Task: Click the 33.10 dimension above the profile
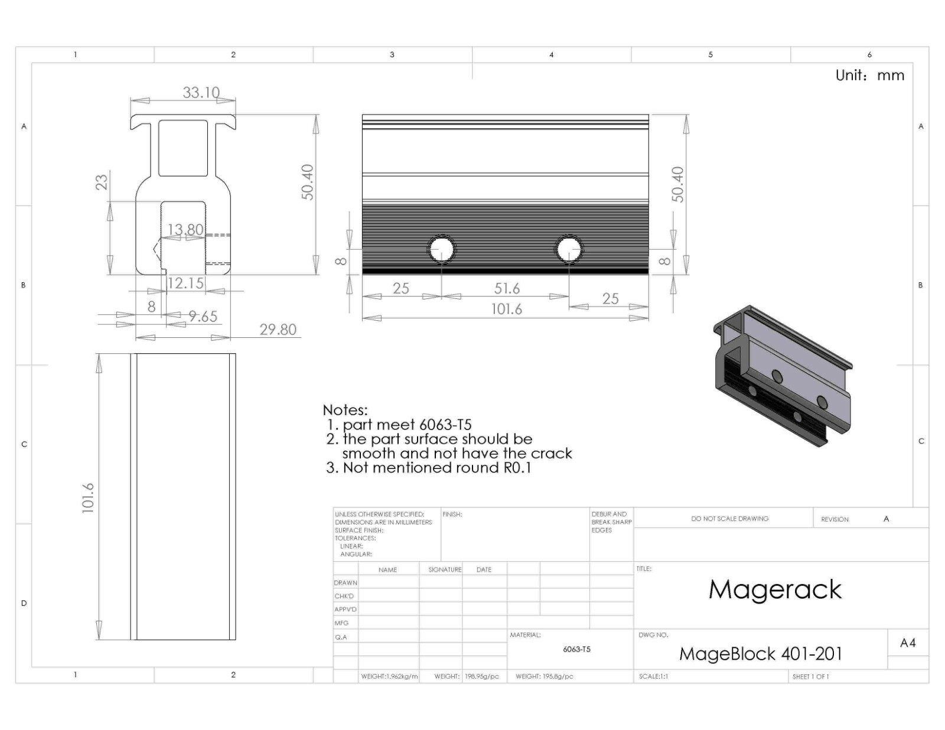pos(201,93)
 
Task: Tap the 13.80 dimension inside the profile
pos(185,229)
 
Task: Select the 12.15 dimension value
pos(185,283)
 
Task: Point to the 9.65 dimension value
pos(203,317)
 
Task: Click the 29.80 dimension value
pos(278,330)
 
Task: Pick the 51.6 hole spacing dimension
pos(507,288)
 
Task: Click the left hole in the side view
pos(441,250)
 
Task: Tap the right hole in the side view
pos(569,250)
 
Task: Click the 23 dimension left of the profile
pos(101,182)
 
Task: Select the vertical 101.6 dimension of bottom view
pos(88,498)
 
